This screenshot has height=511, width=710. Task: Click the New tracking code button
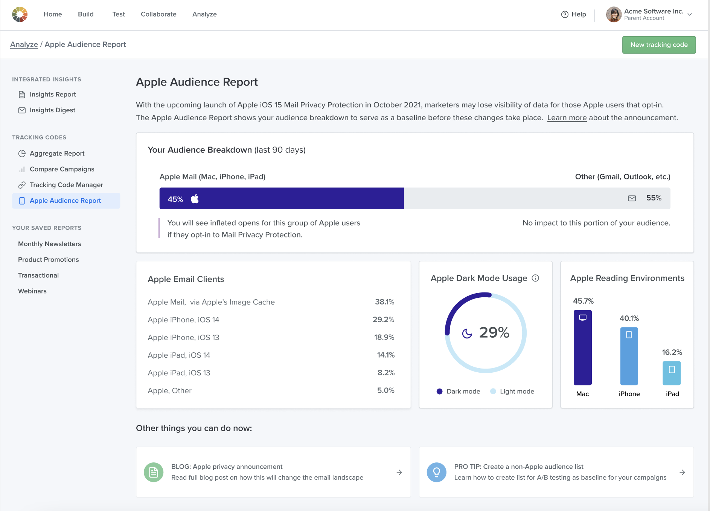[658, 45]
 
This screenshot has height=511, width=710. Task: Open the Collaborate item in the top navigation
[158, 14]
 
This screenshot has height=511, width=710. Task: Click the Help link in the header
[573, 14]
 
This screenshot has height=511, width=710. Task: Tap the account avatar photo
[614, 14]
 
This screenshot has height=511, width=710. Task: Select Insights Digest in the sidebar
[52, 110]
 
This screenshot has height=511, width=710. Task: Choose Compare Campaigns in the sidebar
[62, 169]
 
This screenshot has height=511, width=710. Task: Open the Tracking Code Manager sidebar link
[66, 185]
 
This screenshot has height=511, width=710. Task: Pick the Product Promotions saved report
[48, 260]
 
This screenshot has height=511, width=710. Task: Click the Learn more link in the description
[567, 118]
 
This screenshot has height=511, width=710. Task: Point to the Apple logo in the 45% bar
[195, 199]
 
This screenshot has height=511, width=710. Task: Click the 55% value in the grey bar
[654, 198]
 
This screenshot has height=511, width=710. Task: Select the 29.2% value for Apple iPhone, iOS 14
[383, 320]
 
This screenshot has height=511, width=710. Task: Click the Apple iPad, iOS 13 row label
[179, 373]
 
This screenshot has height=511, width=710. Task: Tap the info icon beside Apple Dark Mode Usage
[535, 278]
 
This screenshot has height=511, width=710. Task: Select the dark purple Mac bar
[582, 347]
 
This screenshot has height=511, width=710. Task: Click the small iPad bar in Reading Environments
[672, 373]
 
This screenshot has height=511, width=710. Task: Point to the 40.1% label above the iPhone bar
[629, 318]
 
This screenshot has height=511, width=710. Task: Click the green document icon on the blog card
[154, 472]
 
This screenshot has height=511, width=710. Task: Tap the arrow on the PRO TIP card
[682, 472]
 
